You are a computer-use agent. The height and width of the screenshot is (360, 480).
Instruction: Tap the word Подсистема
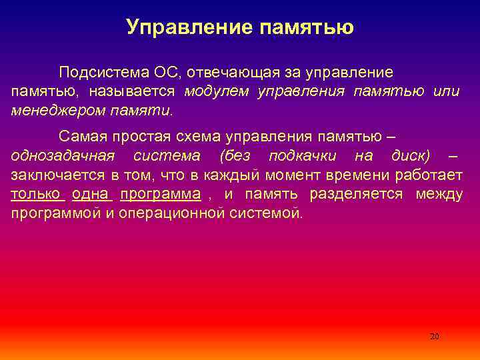tap(96, 72)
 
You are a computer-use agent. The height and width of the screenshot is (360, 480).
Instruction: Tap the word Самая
tap(81, 137)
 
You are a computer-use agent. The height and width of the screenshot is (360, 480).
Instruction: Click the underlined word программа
tap(160, 194)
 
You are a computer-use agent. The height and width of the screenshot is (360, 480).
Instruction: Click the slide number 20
tap(435, 337)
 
